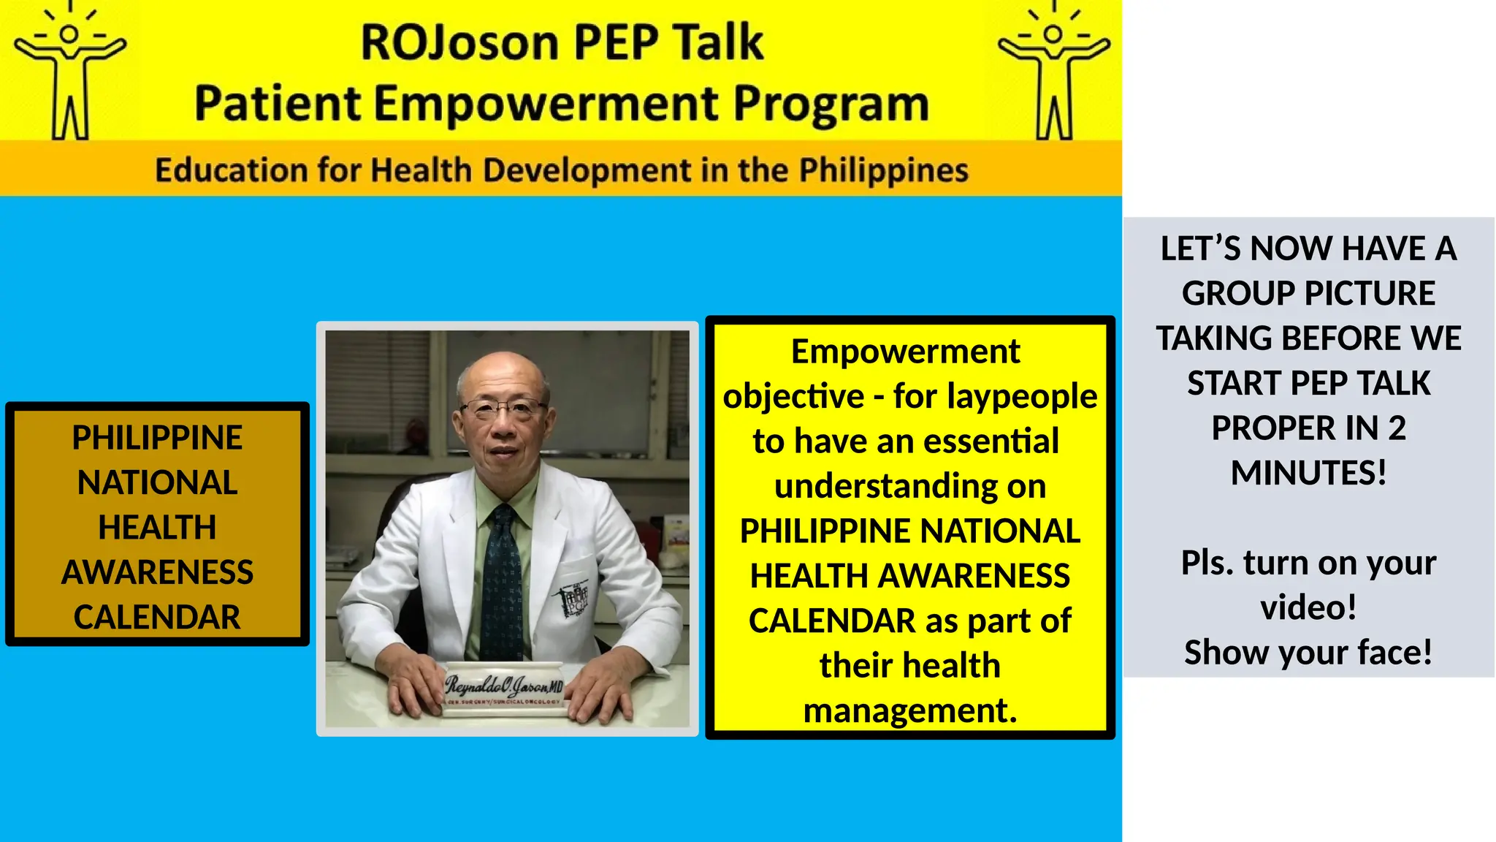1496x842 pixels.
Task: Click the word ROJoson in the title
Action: point(459,42)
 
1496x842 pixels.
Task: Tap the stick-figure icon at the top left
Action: point(70,73)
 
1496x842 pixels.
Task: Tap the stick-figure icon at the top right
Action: point(1054,73)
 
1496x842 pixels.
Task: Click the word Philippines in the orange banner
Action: point(883,170)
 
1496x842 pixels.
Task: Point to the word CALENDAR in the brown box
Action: point(157,618)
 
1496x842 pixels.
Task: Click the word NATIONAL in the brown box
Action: point(157,483)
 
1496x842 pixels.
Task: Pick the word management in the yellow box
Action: point(909,710)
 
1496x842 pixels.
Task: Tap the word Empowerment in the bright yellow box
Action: point(905,352)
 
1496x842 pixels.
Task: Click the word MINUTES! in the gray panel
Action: point(1308,473)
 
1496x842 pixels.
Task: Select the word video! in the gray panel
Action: point(1308,607)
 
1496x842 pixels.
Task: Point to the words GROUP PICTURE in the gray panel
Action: point(1308,294)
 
